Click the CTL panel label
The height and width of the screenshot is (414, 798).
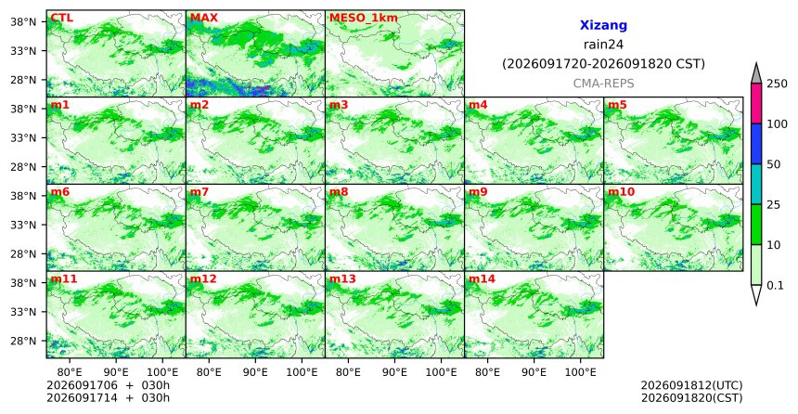pyautogui.click(x=61, y=19)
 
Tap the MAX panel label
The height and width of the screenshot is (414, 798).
pyautogui.click(x=203, y=19)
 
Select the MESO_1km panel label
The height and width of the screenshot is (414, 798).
pyautogui.click(x=364, y=19)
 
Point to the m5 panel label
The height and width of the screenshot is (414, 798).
pyautogui.click(x=617, y=106)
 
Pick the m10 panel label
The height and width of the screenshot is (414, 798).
pyautogui.click(x=621, y=192)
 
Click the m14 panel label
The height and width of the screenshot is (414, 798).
pyautogui.click(x=482, y=279)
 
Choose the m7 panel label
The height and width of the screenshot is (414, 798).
pyautogui.click(x=199, y=192)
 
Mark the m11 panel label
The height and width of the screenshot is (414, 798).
pyautogui.click(x=64, y=279)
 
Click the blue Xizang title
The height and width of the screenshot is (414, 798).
pyautogui.click(x=603, y=25)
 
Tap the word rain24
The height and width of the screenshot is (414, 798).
pyautogui.click(x=603, y=45)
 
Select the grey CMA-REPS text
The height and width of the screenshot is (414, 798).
pyautogui.click(x=603, y=83)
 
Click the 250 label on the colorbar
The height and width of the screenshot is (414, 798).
pyautogui.click(x=778, y=84)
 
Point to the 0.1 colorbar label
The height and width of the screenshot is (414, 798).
pyautogui.click(x=775, y=286)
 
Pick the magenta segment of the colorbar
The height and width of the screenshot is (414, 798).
pyautogui.click(x=756, y=103)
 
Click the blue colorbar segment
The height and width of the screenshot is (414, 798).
pyautogui.click(x=756, y=144)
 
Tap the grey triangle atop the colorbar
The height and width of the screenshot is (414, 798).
pyautogui.click(x=756, y=74)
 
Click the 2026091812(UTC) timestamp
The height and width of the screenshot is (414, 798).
pyautogui.click(x=691, y=385)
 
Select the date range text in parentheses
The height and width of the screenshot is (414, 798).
pyautogui.click(x=603, y=64)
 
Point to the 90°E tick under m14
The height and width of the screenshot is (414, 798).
pyautogui.click(x=534, y=372)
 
